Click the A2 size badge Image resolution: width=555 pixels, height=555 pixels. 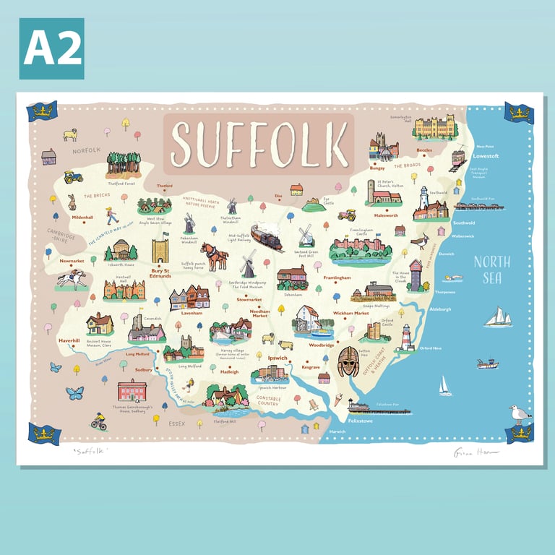click(x=51, y=48)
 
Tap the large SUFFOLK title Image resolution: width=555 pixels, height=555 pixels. click(x=259, y=142)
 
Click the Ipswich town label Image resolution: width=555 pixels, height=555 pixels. click(x=277, y=358)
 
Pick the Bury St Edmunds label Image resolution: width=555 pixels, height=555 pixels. click(x=160, y=273)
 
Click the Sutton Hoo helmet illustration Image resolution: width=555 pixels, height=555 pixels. click(x=348, y=361)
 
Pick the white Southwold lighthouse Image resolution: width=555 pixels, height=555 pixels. click(x=424, y=198)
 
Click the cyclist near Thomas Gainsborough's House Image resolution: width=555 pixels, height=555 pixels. click(x=98, y=422)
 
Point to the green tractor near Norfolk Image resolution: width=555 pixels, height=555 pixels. click(x=73, y=176)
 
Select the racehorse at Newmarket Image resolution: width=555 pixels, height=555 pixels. click(x=72, y=278)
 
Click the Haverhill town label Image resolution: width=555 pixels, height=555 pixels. click(x=69, y=340)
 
